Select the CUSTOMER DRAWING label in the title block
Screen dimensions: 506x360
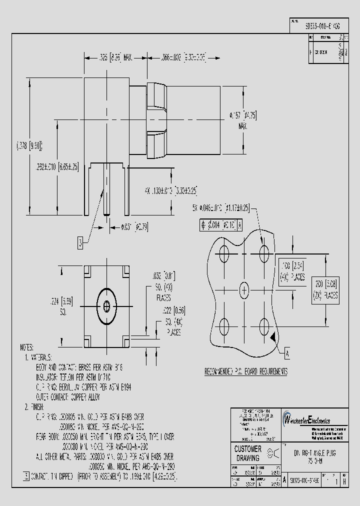tap(247, 453)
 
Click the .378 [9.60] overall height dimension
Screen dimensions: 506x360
tap(28, 145)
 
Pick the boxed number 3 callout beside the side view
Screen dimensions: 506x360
tap(80, 243)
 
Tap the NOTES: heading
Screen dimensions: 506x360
tap(26, 346)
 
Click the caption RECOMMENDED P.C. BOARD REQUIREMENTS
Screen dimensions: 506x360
tap(246, 371)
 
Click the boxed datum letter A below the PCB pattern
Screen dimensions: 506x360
tap(287, 353)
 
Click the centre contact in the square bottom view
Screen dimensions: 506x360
tap(106, 305)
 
